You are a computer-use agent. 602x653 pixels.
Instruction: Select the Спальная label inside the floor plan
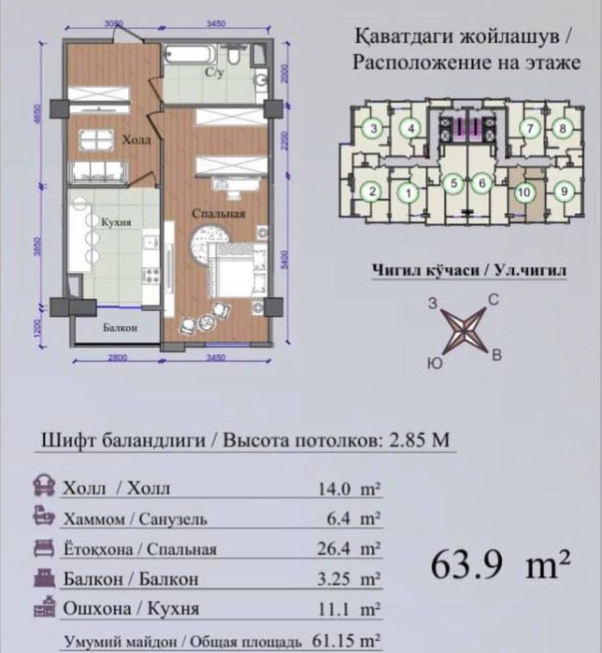219,214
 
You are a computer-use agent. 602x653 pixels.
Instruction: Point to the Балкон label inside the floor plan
122,328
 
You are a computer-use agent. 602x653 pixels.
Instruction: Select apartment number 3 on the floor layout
374,129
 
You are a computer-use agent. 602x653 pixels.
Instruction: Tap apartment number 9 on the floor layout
563,192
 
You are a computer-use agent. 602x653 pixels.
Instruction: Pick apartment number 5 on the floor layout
453,184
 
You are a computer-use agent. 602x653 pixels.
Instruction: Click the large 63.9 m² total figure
501,565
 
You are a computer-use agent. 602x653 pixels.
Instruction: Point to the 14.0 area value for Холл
336,488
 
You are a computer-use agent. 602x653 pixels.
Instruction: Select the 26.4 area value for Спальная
336,548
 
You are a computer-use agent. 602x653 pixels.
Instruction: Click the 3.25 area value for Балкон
336,579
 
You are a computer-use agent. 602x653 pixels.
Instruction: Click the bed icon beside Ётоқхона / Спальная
43,547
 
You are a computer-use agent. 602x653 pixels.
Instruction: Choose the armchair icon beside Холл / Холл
43,487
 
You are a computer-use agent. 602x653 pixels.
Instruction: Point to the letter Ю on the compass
434,362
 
